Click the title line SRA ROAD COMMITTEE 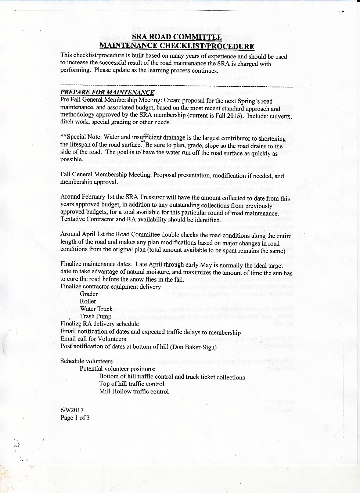[177, 37]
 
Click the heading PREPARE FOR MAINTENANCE [107, 92]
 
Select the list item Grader [89, 294]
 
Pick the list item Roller [88, 301]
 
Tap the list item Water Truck [96, 309]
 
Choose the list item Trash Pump [96, 316]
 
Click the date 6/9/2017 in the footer [72, 410]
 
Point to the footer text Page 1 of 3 [75, 418]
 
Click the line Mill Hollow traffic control [134, 392]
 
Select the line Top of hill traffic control [132, 384]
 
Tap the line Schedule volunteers [86, 361]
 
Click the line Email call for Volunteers [93, 339]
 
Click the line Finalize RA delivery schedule [100, 324]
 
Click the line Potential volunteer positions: [118, 369]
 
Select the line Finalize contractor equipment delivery [111, 287]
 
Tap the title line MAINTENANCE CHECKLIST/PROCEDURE [177, 46]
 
